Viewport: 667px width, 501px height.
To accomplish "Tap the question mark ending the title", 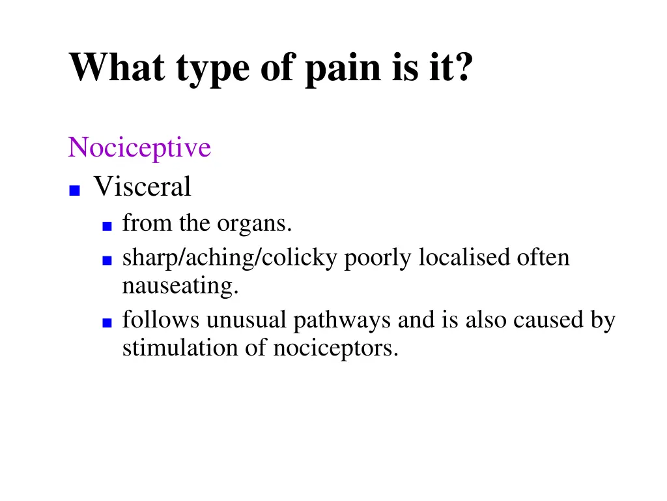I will (461, 67).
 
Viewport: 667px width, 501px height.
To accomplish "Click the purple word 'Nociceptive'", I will (139, 147).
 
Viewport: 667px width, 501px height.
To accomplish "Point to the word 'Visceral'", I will (142, 187).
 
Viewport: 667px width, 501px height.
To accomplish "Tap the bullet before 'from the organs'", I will (107, 226).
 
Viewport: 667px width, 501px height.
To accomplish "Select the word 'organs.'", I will (255, 224).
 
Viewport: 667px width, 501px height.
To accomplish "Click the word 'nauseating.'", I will (180, 286).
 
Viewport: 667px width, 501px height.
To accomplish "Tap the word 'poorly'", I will (378, 258).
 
